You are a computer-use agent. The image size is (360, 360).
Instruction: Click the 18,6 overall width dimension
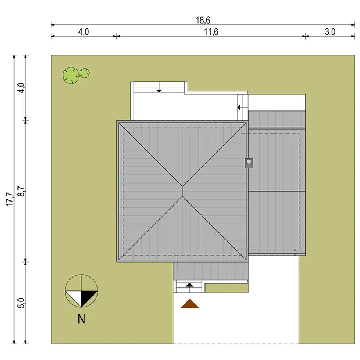pyautogui.click(x=203, y=20)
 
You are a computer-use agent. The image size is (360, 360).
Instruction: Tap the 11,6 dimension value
pyautogui.click(x=211, y=32)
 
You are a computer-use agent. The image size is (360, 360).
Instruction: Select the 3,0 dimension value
pyautogui.click(x=330, y=32)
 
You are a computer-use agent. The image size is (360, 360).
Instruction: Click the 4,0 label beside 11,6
pyautogui.click(x=83, y=32)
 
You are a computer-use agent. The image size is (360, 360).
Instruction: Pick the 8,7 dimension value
pyautogui.click(x=21, y=190)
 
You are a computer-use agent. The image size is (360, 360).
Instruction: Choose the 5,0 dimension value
pyautogui.click(x=21, y=303)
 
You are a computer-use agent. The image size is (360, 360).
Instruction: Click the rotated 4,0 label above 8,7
pyautogui.click(x=21, y=88)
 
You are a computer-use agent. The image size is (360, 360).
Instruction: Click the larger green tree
pyautogui.click(x=71, y=75)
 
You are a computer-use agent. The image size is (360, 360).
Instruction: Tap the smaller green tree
pyautogui.click(x=85, y=73)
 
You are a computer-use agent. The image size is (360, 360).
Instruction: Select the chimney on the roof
pyautogui.click(x=249, y=163)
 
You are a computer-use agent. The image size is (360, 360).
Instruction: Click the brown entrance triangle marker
pyautogui.click(x=190, y=304)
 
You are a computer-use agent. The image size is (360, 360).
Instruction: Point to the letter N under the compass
pyautogui.click(x=81, y=319)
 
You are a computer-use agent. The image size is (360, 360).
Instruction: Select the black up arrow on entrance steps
pyautogui.click(x=190, y=285)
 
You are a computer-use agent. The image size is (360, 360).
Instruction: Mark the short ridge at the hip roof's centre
pyautogui.click(x=182, y=191)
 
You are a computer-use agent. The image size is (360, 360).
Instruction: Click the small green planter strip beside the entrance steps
pyautogui.click(x=227, y=288)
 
